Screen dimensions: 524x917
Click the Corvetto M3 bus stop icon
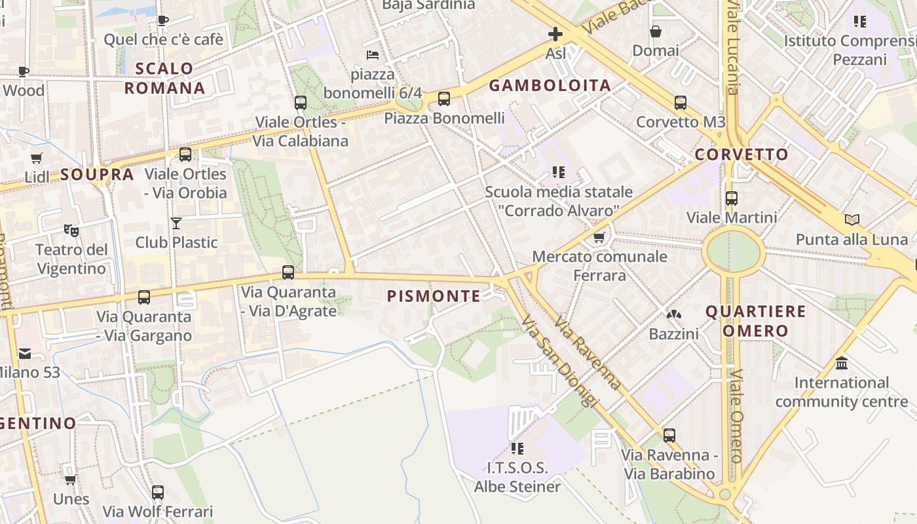tap(681, 103)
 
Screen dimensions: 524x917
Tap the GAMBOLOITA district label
tap(550, 85)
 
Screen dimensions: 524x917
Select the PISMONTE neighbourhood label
tap(434, 296)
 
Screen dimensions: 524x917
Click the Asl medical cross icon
tap(555, 34)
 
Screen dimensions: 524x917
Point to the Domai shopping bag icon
tap(655, 31)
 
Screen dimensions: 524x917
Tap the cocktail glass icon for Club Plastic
tap(176, 223)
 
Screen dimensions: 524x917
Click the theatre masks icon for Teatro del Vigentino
tap(71, 231)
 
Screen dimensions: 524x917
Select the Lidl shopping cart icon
tap(37, 158)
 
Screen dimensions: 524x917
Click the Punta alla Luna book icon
tap(851, 220)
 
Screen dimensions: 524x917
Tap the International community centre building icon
tap(842, 363)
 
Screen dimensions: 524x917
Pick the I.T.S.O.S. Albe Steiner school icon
tap(517, 449)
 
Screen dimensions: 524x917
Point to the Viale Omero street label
tap(737, 415)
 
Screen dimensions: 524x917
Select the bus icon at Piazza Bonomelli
tap(444, 99)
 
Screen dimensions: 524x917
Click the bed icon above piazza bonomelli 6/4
tap(373, 54)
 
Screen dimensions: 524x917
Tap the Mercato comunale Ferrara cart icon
tap(599, 237)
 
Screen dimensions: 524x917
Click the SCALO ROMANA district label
tap(165, 78)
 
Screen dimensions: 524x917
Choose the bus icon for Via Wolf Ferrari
tap(158, 493)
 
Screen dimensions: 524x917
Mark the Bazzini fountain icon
tap(673, 315)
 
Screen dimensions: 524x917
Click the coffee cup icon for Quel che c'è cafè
tap(163, 20)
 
